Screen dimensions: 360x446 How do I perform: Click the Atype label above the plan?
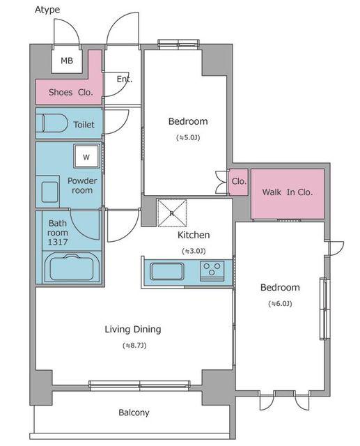pos(47,10)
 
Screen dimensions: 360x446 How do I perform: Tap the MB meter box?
pos(67,61)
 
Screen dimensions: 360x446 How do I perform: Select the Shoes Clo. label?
pos(71,92)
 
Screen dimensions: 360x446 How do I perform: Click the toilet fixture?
pos(52,123)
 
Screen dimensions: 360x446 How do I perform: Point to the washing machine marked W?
pos(86,156)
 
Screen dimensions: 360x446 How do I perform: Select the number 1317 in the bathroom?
pos(58,242)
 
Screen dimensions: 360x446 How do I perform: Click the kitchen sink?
pos(167,271)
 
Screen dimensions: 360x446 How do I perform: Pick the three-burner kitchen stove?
pos(212,271)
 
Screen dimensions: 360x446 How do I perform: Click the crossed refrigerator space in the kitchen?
pos(172,213)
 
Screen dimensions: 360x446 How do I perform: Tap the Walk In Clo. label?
pos(288,192)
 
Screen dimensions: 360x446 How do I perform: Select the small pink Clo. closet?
pos(239,182)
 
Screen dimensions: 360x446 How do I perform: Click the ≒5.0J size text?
pos(188,138)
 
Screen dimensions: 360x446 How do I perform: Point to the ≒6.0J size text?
pos(280,304)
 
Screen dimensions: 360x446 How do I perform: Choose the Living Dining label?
pos(133,330)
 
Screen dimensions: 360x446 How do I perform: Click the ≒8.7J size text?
pos(134,346)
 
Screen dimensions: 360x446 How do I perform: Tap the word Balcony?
pos(134,413)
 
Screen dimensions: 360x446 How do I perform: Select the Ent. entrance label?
pos(125,79)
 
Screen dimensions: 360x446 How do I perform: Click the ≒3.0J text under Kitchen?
pos(194,251)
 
